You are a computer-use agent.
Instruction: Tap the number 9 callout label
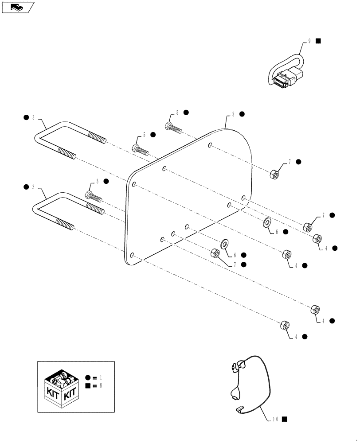coord(310,41)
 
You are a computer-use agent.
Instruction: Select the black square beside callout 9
coord(318,41)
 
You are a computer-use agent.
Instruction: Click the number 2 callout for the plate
coord(233,114)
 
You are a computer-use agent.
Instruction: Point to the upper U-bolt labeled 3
coord(67,137)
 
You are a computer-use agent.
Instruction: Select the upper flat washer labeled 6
coord(268,222)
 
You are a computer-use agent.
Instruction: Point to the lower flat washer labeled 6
coord(224,243)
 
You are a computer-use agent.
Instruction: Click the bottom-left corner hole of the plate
coord(133,255)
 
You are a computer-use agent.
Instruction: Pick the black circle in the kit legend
coord(88,378)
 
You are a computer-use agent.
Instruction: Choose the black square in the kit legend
coord(88,386)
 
